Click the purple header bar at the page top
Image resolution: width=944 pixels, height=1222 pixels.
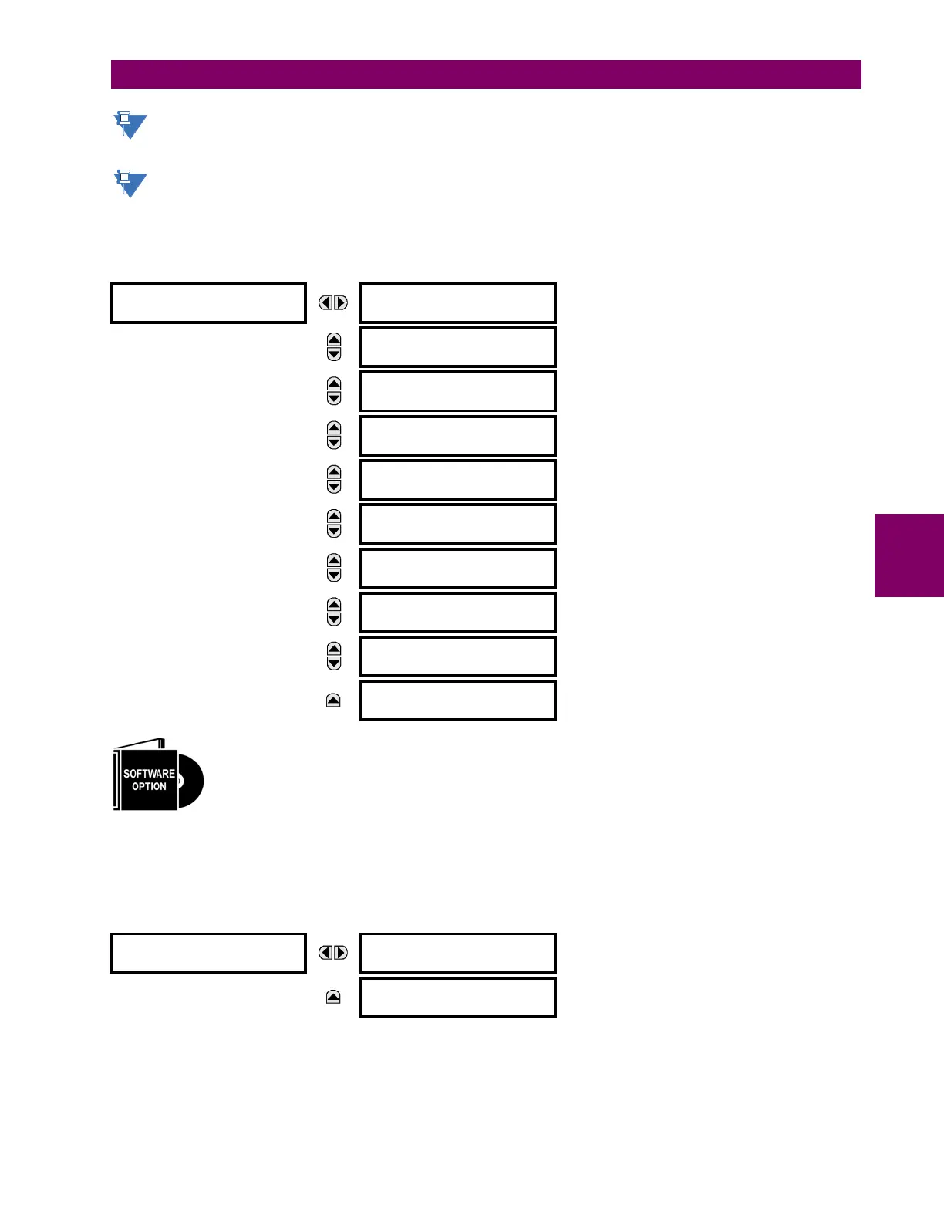click(x=486, y=75)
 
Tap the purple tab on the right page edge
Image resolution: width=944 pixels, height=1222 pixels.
click(x=909, y=555)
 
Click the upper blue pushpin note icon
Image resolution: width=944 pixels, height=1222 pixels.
click(x=130, y=125)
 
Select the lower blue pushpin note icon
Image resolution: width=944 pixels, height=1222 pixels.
click(x=130, y=184)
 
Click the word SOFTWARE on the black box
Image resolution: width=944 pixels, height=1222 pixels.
click(x=149, y=773)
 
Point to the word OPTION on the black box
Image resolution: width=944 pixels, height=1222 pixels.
click(x=149, y=787)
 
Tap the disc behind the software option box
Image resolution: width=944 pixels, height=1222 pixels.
click(x=192, y=781)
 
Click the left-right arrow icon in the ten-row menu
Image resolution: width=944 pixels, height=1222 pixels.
click(x=333, y=302)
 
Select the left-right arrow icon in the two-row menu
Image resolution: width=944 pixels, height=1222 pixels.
click(x=333, y=953)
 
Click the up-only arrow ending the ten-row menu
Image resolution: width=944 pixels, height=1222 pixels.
click(x=333, y=700)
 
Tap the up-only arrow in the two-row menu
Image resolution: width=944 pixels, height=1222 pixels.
click(x=333, y=997)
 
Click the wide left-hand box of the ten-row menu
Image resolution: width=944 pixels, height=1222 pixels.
click(x=208, y=303)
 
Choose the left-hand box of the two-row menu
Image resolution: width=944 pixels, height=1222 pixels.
click(x=208, y=953)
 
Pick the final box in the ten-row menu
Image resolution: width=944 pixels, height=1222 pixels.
click(x=458, y=700)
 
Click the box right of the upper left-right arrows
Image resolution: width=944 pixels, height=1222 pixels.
click(x=458, y=303)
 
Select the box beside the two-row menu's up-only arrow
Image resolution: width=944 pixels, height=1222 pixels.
click(x=458, y=998)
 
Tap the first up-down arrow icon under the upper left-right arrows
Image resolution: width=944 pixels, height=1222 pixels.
click(x=334, y=347)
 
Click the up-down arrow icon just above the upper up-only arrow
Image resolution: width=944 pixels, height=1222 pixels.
click(x=334, y=656)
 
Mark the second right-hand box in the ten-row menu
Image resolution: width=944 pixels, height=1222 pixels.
click(x=458, y=347)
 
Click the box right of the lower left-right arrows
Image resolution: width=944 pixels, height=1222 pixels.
click(x=458, y=953)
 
